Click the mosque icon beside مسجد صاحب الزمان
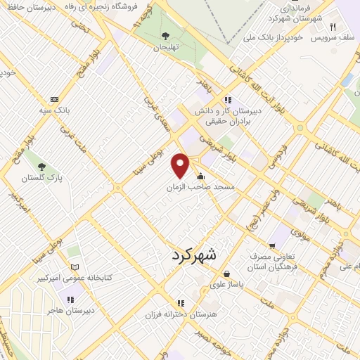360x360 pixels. tap(202, 176)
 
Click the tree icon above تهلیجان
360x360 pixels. tap(165, 35)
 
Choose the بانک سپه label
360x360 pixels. tap(54, 111)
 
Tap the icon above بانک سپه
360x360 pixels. tap(54, 99)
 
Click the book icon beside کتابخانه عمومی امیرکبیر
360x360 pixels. tap(75, 267)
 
